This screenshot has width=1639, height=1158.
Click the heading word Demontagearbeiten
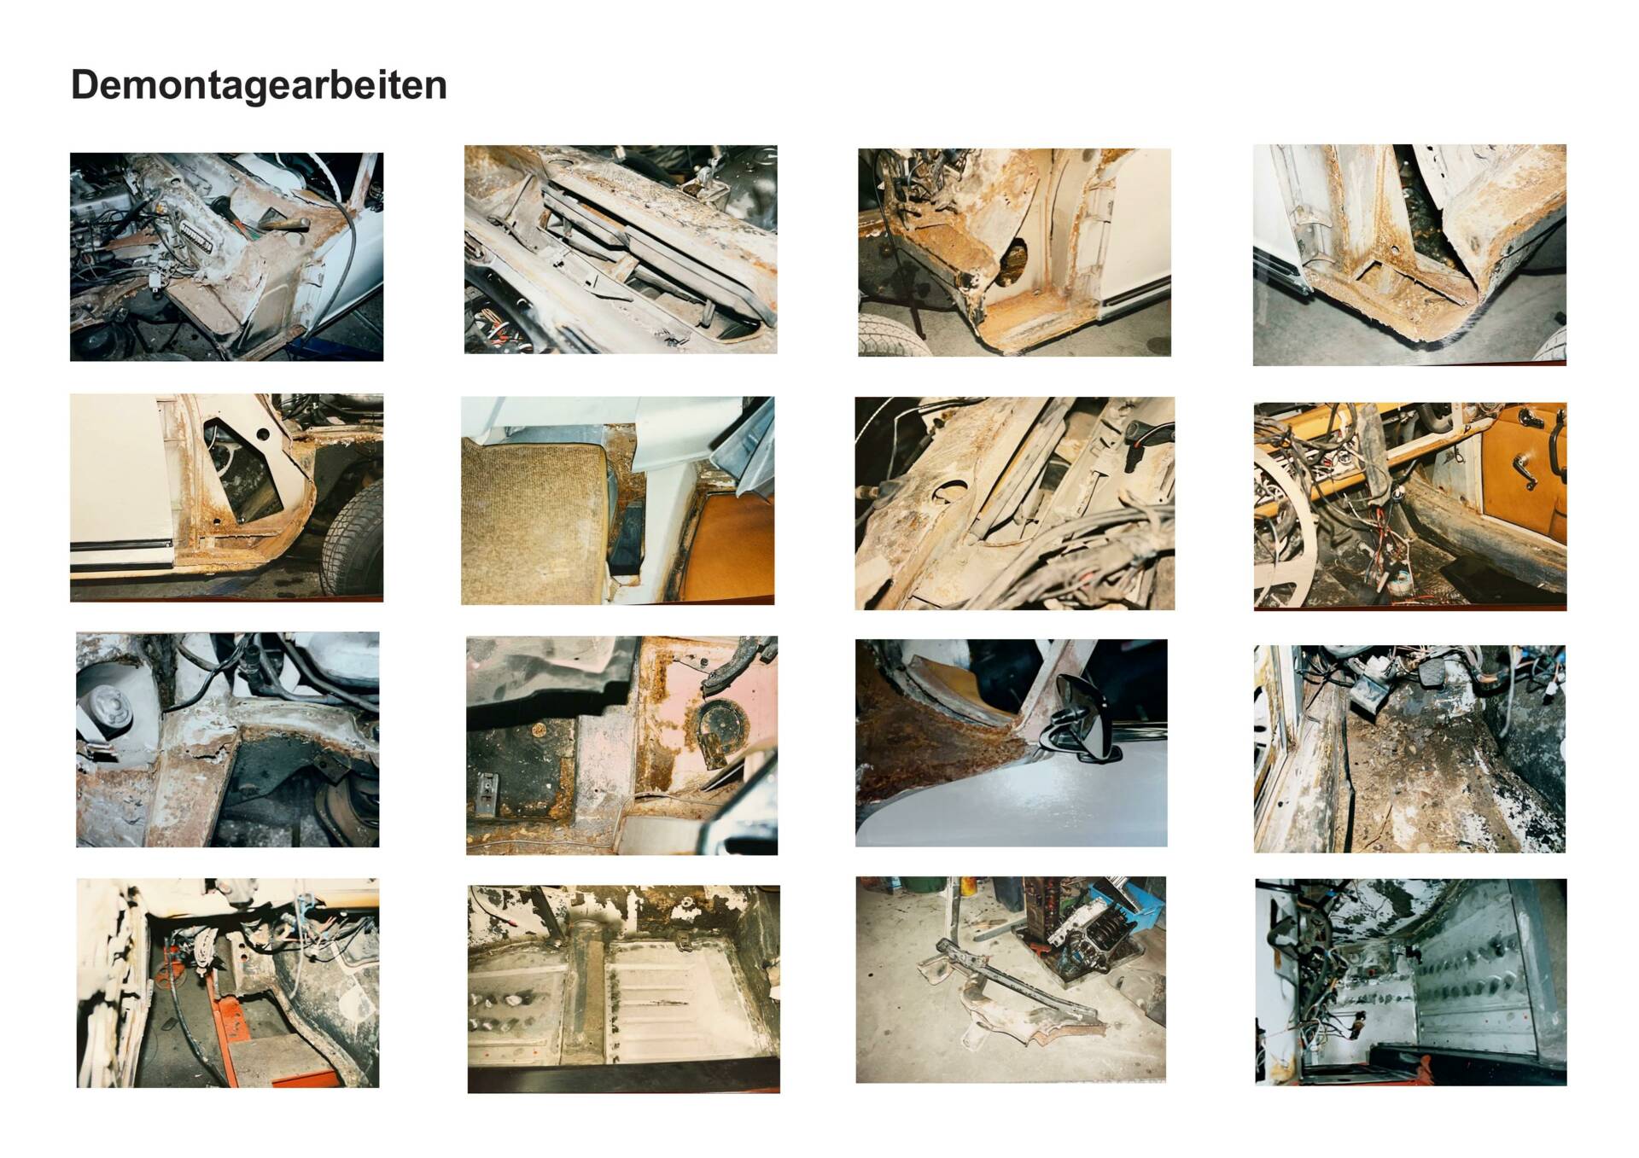tap(259, 86)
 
